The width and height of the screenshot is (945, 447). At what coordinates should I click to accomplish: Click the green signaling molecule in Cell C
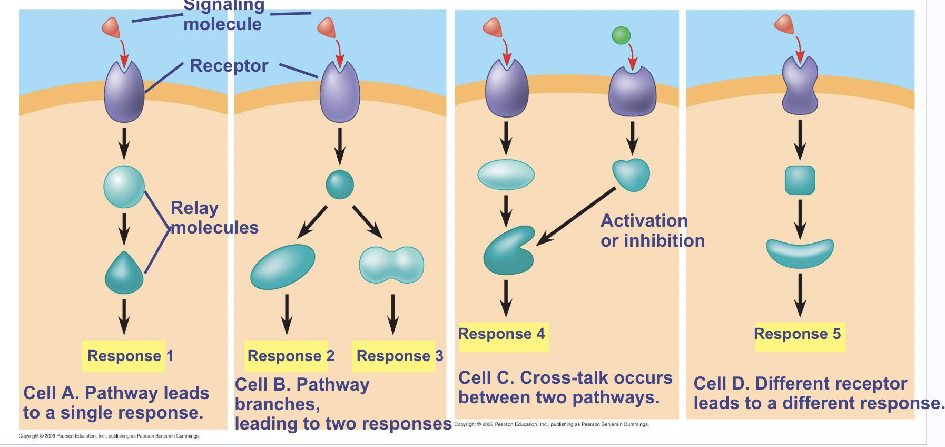coord(621,35)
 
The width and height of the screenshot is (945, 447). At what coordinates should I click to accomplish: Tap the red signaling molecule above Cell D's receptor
coord(784,24)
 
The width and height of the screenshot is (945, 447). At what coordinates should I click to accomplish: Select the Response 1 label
coord(130,356)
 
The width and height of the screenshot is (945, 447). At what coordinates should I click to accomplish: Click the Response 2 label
coord(290,356)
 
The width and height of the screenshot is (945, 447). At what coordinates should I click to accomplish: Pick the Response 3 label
coord(399,356)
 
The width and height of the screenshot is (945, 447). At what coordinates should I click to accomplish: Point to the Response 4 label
coord(501,334)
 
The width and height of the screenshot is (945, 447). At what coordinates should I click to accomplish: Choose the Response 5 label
coord(797,334)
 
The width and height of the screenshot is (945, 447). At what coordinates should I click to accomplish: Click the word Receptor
coord(229,66)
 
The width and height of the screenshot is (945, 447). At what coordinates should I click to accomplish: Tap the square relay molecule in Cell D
coord(800,180)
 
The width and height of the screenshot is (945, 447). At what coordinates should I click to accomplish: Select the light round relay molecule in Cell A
coord(124,187)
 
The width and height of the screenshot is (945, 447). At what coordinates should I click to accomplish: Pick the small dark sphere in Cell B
coord(340,184)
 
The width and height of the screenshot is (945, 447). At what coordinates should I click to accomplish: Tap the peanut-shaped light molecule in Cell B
coord(391,265)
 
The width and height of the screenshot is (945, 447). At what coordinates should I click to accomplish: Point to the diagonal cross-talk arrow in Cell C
coord(576,216)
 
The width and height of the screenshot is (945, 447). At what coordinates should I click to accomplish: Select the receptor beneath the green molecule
coord(632,92)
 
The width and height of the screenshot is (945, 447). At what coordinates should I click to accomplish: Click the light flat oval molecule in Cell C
coord(506,174)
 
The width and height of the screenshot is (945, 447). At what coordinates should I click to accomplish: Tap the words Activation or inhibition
coord(652,230)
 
